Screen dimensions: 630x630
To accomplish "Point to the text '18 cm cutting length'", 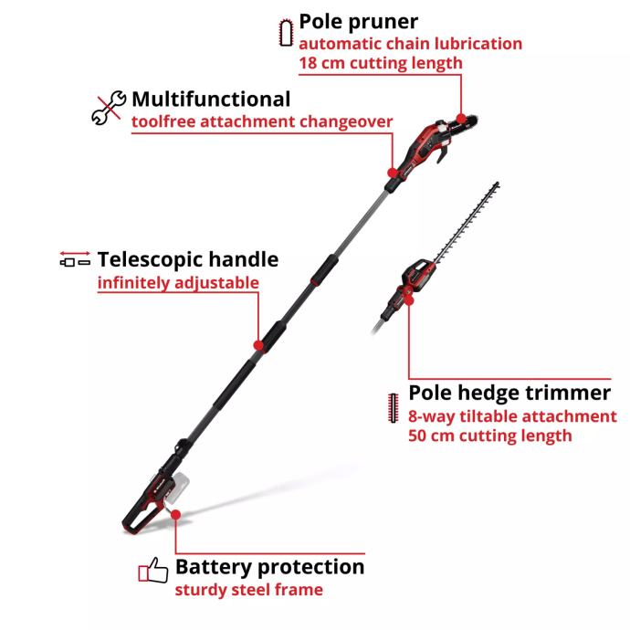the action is point(381,63).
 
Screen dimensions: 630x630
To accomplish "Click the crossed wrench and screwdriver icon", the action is point(108,107).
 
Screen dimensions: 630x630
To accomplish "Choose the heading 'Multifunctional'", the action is point(211,99).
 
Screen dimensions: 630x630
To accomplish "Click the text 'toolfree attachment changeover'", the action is point(262,121).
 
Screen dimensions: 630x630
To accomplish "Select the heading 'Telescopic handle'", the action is point(187,259).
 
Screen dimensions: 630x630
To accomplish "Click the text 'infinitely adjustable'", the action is point(178,283).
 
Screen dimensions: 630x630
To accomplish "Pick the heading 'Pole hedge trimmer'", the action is point(509,393).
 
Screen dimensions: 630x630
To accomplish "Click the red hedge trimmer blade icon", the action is point(394,405).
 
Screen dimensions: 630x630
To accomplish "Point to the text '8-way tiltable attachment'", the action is point(512,416).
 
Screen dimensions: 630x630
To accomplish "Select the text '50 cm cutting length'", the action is point(490,436).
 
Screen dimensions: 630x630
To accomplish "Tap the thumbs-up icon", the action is point(153,571).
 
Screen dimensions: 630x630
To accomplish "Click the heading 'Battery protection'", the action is point(269,567).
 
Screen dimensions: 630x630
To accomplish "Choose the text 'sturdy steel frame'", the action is point(248,590).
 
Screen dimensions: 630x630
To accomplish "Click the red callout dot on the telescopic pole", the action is point(258,346).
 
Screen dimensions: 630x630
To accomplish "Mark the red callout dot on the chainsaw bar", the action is point(462,119).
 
